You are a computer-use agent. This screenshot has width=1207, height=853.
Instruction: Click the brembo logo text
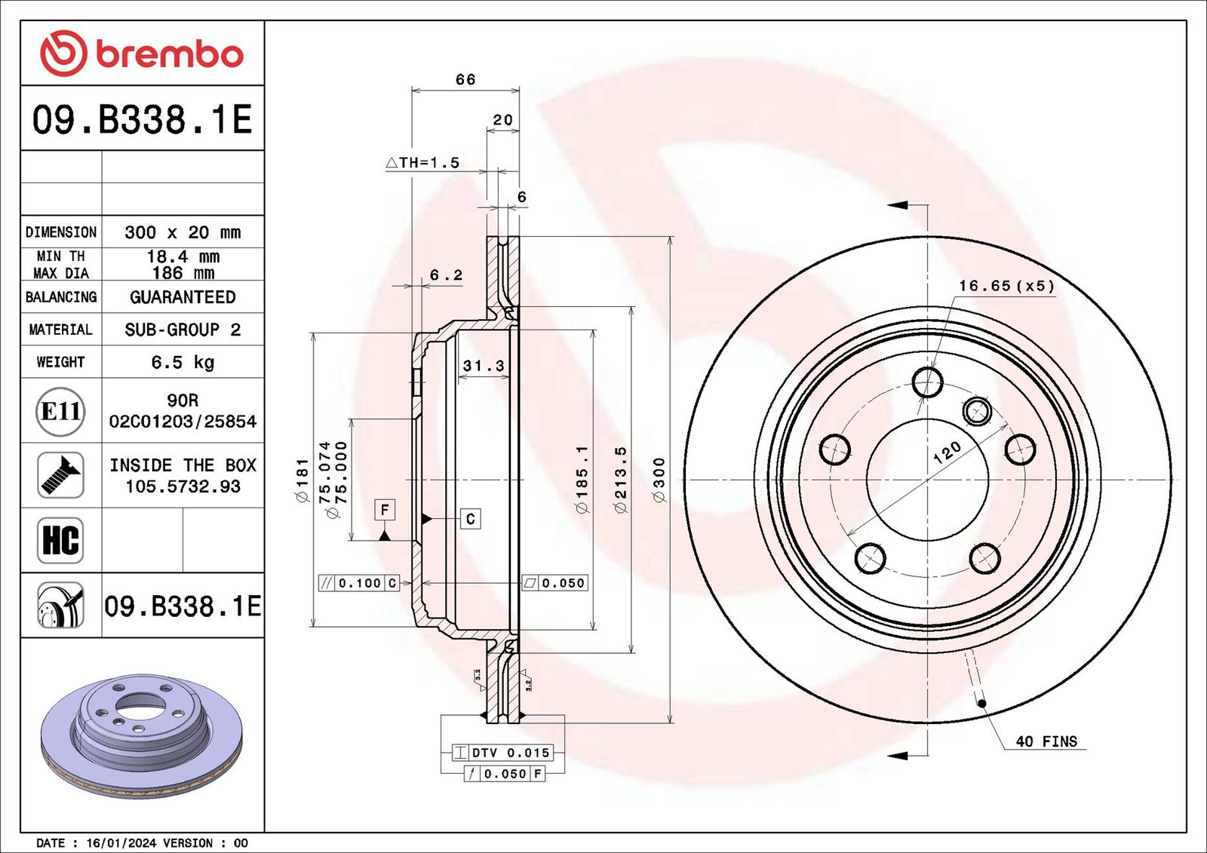coord(169,54)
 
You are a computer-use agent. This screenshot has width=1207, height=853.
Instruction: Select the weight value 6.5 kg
coord(183,362)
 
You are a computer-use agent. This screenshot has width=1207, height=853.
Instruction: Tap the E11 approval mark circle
coord(60,412)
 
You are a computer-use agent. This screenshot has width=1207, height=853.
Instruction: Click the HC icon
coord(60,541)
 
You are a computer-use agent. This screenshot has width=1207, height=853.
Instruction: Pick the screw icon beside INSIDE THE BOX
coord(60,475)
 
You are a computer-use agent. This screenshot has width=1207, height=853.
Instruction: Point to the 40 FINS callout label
coord(1046,741)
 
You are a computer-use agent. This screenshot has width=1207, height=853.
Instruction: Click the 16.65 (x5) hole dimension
coord(1006,286)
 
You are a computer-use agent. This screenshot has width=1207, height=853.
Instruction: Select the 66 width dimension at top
coord(465,79)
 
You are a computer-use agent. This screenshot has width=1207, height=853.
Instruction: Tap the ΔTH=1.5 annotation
coord(423,162)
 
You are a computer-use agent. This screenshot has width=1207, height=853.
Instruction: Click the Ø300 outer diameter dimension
coord(659,480)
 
